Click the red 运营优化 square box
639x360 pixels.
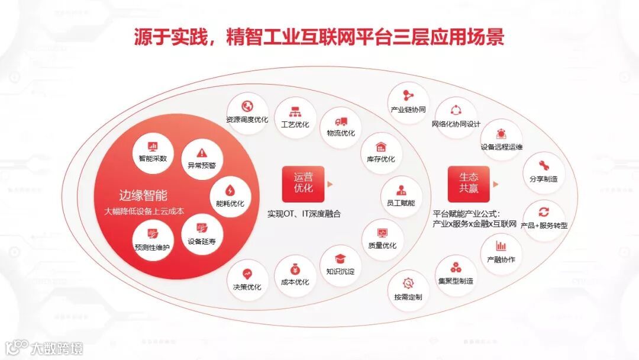(x=304, y=183)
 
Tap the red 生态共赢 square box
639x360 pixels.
(x=469, y=183)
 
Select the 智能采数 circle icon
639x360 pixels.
(x=153, y=146)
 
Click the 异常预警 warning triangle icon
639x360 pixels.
(x=202, y=152)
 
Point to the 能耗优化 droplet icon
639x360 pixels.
(x=230, y=191)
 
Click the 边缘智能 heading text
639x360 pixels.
(x=143, y=196)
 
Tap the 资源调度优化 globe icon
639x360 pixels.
(x=247, y=107)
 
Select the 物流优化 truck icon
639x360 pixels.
(x=341, y=121)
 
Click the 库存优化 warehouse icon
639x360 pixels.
(x=380, y=146)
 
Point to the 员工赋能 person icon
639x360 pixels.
(x=401, y=190)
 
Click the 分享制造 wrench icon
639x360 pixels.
(x=543, y=165)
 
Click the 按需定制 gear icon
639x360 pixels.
(x=408, y=283)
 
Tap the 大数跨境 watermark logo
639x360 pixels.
(x=44, y=348)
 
